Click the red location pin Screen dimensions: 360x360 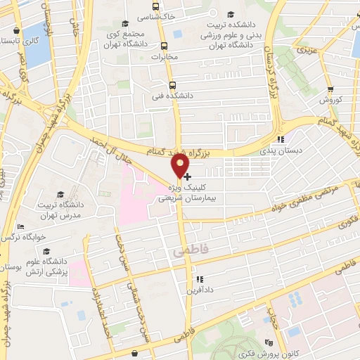click(181, 165)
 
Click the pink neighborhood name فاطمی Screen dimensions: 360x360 click(188, 250)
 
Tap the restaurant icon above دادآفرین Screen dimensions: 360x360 click(200, 279)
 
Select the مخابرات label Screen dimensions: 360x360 click(166, 56)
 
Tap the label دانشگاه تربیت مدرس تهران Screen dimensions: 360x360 click(63, 209)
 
